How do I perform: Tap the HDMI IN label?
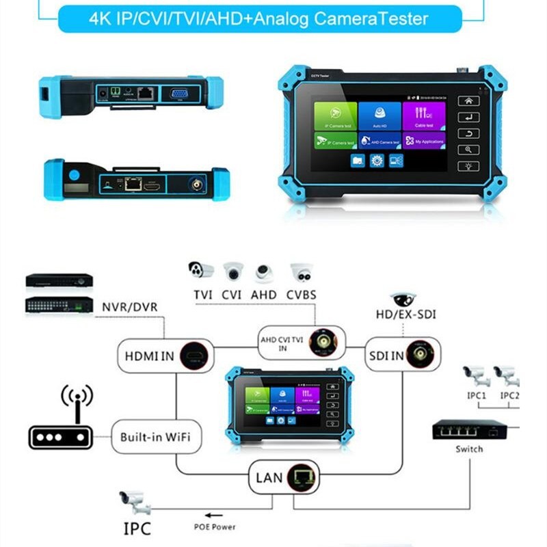click(148, 356)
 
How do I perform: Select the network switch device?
click(469, 430)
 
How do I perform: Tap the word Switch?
click(469, 449)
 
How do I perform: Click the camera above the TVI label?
click(201, 271)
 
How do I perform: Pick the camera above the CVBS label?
click(301, 272)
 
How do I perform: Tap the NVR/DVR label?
click(129, 307)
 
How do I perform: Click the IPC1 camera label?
click(476, 395)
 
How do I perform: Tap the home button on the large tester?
click(468, 101)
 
